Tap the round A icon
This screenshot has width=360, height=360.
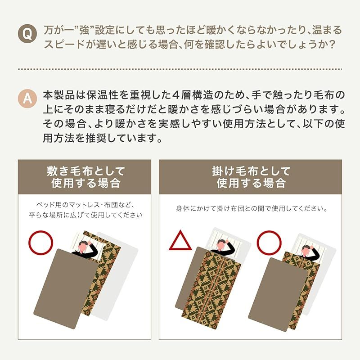coord(28,98)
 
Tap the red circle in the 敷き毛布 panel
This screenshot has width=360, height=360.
coord(41,242)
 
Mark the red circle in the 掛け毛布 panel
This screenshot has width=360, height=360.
coord(269,242)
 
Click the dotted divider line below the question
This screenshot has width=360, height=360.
coord(180,69)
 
